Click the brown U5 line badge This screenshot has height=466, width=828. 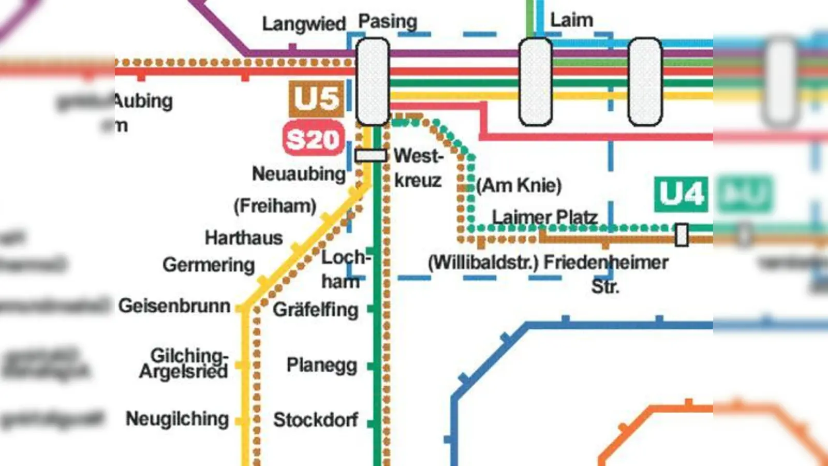click(316, 98)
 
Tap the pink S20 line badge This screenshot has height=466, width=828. click(314, 139)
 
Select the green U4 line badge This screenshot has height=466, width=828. click(681, 195)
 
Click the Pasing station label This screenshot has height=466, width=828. click(388, 22)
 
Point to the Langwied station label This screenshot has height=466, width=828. click(304, 24)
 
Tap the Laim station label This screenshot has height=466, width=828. click(571, 21)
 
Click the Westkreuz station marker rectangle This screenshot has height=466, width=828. click(371, 155)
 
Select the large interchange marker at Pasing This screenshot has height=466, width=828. click(373, 81)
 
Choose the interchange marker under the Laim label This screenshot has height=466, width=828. click(535, 81)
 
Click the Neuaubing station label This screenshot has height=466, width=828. click(299, 174)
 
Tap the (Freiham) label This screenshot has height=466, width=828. click(275, 206)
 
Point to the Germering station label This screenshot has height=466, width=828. click(209, 265)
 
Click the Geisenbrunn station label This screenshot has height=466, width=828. click(174, 306)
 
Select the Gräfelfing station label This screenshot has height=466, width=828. click(316, 310)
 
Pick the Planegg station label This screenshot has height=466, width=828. click(322, 365)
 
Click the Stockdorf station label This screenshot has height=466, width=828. click(316, 420)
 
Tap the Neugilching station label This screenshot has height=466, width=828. click(177, 419)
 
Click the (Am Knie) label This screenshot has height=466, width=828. click(519, 185)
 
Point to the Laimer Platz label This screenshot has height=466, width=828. click(544, 217)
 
